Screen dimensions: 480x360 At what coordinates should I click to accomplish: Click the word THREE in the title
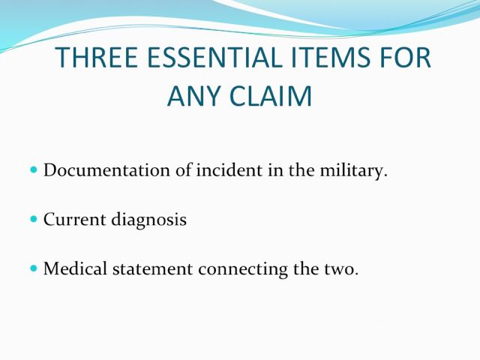point(97,57)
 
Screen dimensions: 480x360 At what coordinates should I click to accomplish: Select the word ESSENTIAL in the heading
point(214,57)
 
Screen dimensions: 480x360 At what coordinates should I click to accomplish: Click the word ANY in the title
point(193,96)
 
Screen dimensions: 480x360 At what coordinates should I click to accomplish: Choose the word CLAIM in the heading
point(271,96)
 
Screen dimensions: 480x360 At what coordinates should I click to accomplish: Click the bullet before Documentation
point(34,169)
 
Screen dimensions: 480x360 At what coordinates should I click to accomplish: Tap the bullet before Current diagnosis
point(34,219)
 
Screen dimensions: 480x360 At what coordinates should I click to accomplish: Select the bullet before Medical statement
point(34,268)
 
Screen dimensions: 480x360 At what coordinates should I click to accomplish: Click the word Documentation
point(106,170)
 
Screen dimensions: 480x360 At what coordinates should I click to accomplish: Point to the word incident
point(229,170)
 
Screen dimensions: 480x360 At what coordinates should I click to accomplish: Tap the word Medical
point(75,268)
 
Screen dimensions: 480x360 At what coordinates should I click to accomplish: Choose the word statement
point(153,269)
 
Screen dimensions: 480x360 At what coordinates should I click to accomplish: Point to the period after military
point(385,176)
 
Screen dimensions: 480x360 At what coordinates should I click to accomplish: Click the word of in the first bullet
point(183,170)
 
